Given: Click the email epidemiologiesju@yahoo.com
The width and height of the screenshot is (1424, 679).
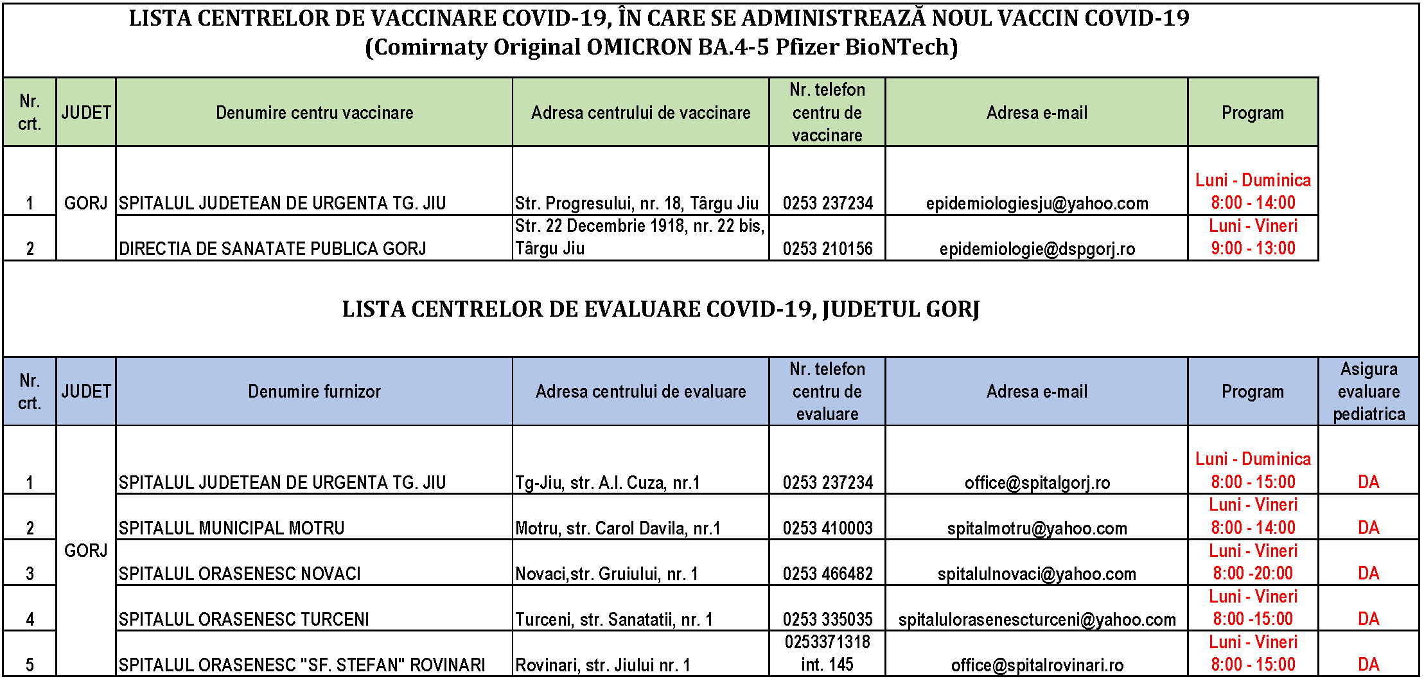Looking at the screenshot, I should (1037, 204).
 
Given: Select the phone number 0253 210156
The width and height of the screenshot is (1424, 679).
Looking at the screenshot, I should (827, 249).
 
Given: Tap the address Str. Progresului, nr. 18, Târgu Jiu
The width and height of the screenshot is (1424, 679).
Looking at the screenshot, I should (637, 204).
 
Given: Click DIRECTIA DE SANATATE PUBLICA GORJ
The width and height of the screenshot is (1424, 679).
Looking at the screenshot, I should (272, 249).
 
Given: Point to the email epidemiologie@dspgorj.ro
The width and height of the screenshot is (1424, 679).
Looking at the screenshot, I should (1037, 249).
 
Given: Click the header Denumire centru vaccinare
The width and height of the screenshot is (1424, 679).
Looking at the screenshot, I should (314, 113).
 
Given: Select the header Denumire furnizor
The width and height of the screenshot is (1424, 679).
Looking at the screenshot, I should (314, 392).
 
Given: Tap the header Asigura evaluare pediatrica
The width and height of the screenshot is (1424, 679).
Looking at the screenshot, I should (1368, 392).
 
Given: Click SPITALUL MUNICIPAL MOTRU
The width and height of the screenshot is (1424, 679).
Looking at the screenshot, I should (231, 528).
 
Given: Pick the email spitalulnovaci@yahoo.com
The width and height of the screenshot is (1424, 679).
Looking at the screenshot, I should (1037, 574).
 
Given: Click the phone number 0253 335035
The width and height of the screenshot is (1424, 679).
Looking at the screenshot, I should (827, 619).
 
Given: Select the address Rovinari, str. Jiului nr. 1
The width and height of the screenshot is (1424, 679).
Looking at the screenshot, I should (602, 665).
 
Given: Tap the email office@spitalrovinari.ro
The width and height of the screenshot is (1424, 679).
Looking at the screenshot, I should (1037, 665).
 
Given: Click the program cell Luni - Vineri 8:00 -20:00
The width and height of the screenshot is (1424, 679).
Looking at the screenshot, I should (1253, 562).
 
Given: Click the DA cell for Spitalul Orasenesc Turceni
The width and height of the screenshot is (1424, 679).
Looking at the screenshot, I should (1368, 619).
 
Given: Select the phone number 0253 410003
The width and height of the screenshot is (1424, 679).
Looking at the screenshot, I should (827, 528).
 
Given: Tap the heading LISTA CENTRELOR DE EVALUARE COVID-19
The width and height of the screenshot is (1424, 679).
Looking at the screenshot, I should (660, 310).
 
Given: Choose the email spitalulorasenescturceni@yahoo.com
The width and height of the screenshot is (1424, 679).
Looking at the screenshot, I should (1037, 619).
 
